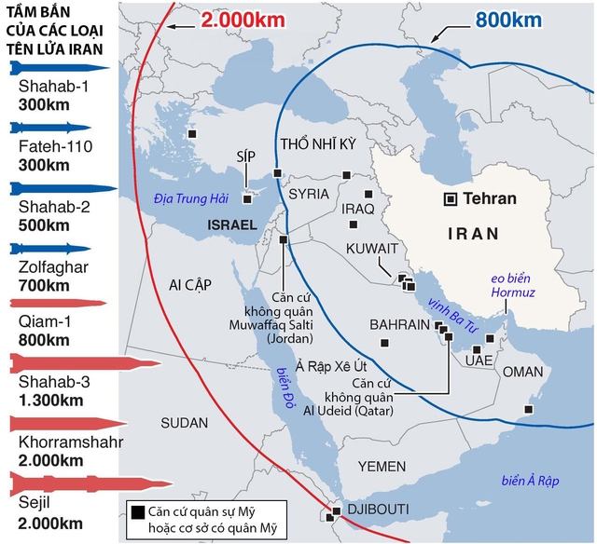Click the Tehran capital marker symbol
tap(451, 198)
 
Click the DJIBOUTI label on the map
tap(378, 509)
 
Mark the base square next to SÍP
tap(247, 197)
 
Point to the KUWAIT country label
tap(372, 250)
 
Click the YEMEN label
tap(382, 466)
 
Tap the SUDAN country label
tap(184, 423)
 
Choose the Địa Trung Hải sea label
tap(191, 197)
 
